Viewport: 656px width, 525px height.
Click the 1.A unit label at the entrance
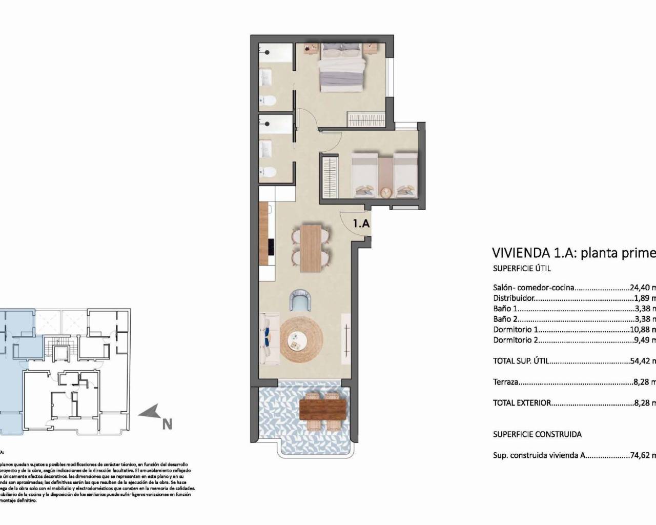tap(361, 224)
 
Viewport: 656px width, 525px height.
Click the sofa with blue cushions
tap(267, 339)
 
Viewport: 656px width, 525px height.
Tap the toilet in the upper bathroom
tap(267, 101)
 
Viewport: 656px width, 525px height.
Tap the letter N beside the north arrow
tap(167, 424)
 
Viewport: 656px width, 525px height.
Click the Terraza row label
tap(505, 382)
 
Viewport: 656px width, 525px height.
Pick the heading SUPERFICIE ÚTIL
tap(522, 268)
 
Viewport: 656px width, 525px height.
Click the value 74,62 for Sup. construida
tap(640, 455)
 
